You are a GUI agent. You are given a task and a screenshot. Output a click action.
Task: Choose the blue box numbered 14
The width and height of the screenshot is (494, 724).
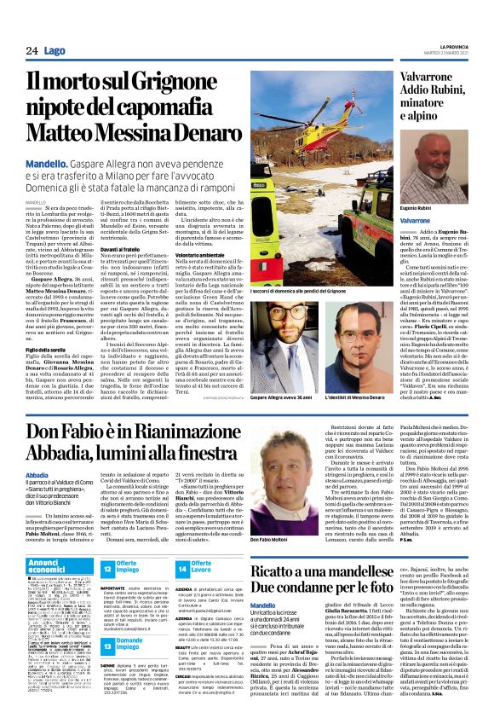click(x=182, y=568)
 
